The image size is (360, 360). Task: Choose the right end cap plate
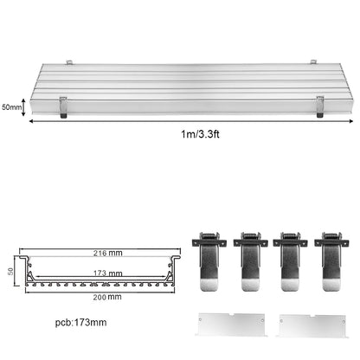pos(310,325)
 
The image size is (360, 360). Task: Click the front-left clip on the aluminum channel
pos(63,106)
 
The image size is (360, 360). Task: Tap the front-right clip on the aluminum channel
pos(318,106)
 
